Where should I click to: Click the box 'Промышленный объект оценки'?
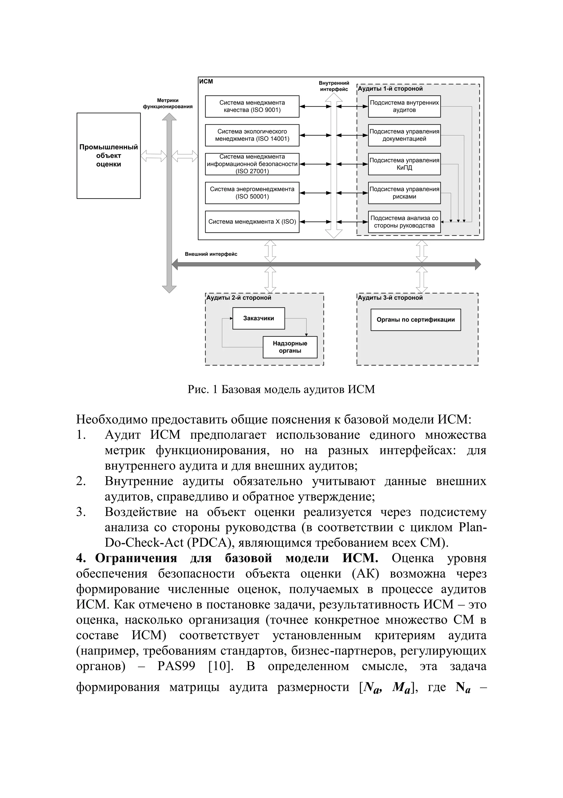(109, 156)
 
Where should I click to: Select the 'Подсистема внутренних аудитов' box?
(404, 106)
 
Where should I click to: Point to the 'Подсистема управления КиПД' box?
(404, 164)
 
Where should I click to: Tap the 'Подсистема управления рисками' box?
(404, 193)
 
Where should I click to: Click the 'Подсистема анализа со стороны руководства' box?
(404, 222)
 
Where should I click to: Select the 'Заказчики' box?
(258, 318)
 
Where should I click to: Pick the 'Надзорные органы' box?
(290, 347)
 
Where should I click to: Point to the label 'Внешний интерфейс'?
(211, 254)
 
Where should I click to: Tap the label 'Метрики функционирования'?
(168, 104)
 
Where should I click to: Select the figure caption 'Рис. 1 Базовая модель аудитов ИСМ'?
(281, 389)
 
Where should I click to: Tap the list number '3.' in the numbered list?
(81, 512)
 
